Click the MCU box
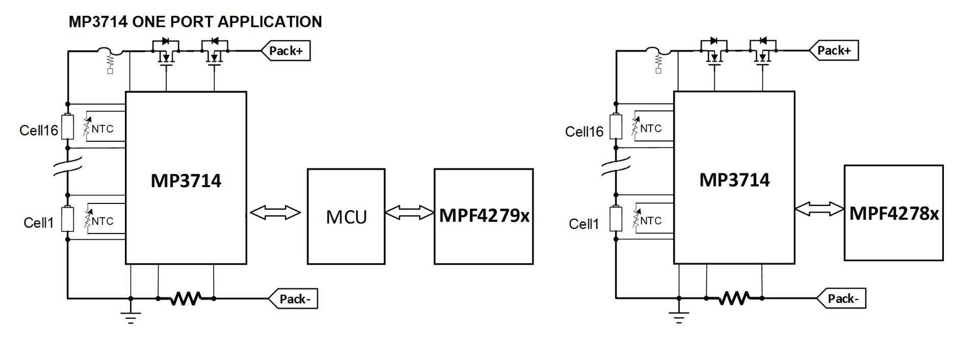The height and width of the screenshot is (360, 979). click(x=346, y=216)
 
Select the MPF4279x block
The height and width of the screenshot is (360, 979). click(x=483, y=216)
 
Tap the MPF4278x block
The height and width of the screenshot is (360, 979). click(x=893, y=213)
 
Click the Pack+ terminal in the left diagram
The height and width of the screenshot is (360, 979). click(x=286, y=51)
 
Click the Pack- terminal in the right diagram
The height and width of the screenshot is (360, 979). click(x=841, y=298)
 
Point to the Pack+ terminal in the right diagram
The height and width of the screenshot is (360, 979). click(x=834, y=50)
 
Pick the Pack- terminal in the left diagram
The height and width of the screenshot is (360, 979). click(x=293, y=299)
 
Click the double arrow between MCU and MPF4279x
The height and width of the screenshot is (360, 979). click(x=409, y=213)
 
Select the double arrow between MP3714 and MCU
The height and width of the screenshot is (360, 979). click(x=276, y=213)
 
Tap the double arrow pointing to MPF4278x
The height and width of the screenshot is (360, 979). click(x=819, y=209)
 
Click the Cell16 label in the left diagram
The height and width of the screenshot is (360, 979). click(x=39, y=130)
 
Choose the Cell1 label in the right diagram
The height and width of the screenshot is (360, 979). click(x=584, y=224)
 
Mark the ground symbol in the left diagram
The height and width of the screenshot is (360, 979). click(x=131, y=317)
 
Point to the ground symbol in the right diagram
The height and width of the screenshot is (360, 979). click(x=679, y=317)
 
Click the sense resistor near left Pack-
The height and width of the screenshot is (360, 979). click(x=186, y=298)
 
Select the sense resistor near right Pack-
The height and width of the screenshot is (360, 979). click(x=734, y=298)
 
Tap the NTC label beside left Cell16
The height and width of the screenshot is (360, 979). click(x=102, y=129)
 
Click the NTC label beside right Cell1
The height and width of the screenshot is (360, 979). click(x=651, y=221)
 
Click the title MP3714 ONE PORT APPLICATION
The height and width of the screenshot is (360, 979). click(x=195, y=22)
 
